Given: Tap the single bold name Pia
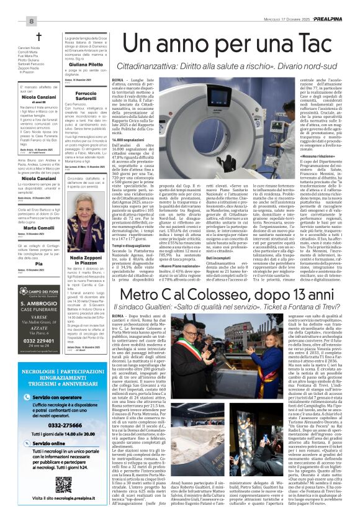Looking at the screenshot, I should point(38,264).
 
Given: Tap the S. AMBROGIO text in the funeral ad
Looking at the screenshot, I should point(39,302).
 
